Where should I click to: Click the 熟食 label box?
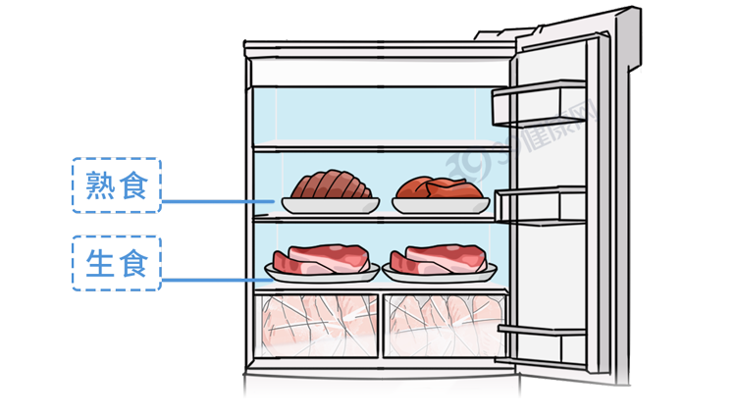point(116,186)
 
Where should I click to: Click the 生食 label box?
point(116,263)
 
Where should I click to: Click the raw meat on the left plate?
point(323,260)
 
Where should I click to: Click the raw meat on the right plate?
point(440,260)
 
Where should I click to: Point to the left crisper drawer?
point(319,324)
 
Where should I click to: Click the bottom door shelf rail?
point(544,331)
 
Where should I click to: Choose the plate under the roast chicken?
point(441,205)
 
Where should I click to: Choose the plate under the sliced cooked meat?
point(330,204)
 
